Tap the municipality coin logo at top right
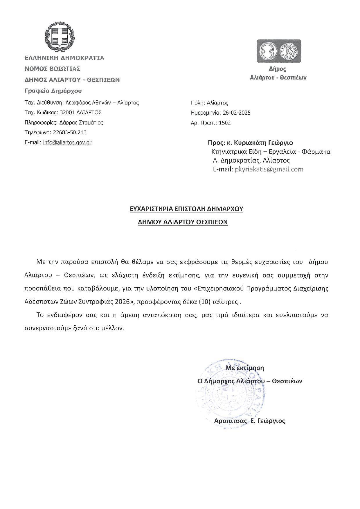pos(279,51)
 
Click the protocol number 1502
pos(225,122)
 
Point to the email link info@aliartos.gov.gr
pos(67,142)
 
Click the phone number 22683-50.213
pos(70,132)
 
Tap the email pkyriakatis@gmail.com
pos(269,169)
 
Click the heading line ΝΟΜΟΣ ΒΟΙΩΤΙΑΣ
pos(53,69)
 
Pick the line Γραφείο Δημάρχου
pos(53,91)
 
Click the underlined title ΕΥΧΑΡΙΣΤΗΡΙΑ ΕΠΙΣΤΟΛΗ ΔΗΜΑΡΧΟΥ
pos(186,209)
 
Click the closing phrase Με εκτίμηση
pos(245,368)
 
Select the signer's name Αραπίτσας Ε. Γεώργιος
pos(249,421)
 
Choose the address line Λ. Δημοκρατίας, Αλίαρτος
pos(251,160)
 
